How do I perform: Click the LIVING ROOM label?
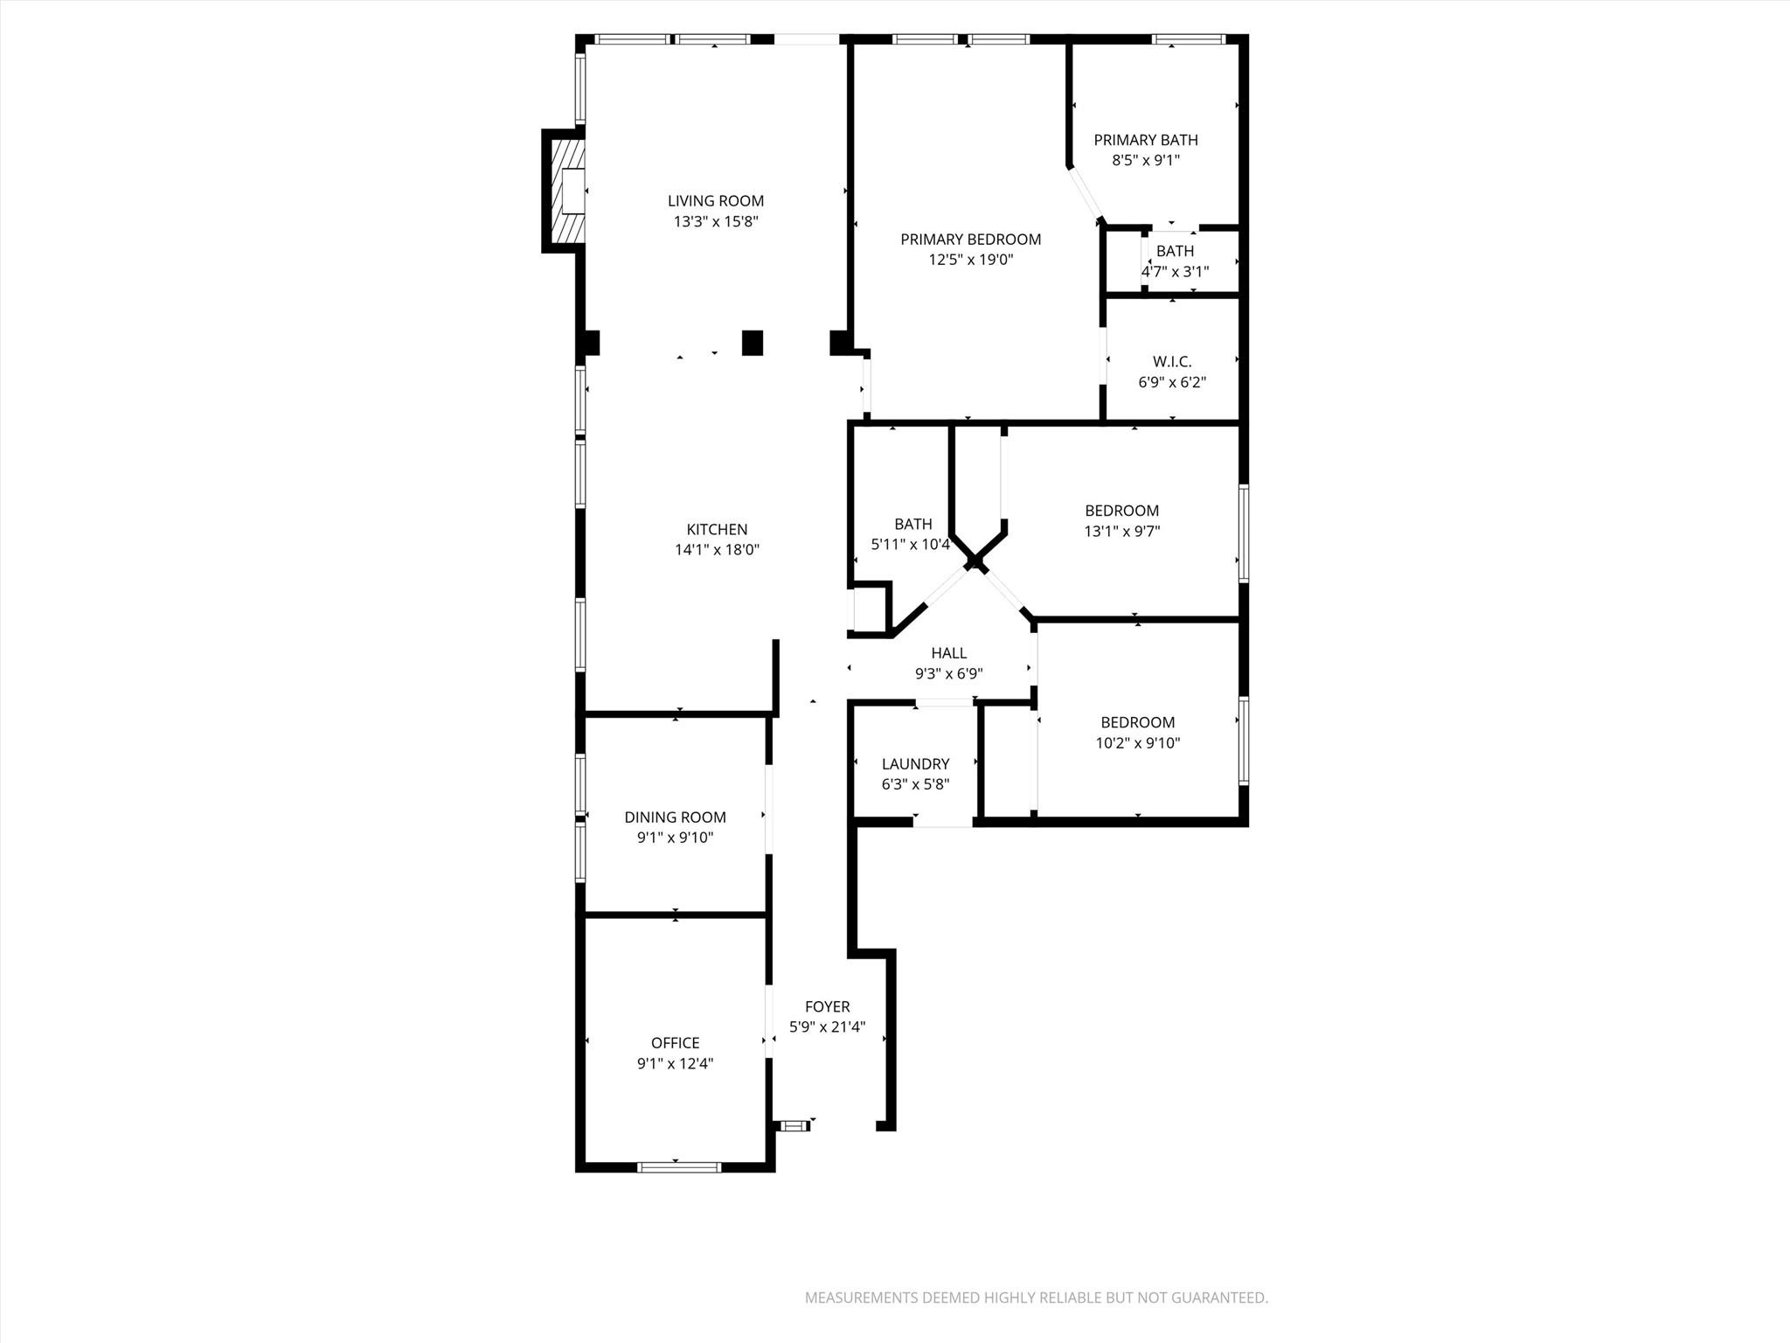(715, 201)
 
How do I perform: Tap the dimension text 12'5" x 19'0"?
(970, 260)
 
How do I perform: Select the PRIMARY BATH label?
(1145, 140)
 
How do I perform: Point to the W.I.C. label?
(1171, 361)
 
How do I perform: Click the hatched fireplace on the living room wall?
(565, 191)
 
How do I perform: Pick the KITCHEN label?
(717, 529)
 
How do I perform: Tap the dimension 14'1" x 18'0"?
(717, 550)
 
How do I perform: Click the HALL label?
(948, 653)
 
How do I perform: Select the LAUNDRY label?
(915, 764)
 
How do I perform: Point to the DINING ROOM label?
(675, 818)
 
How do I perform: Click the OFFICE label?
(675, 1043)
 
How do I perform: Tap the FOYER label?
(827, 1006)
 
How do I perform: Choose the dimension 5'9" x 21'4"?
(827, 1027)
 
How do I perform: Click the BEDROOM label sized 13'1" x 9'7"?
(1121, 511)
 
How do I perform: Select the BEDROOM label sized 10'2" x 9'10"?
(1137, 722)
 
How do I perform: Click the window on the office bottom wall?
(679, 1166)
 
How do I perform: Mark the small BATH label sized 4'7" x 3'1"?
(1175, 251)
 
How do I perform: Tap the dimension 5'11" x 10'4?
(910, 545)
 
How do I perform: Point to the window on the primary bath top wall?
(1188, 39)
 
